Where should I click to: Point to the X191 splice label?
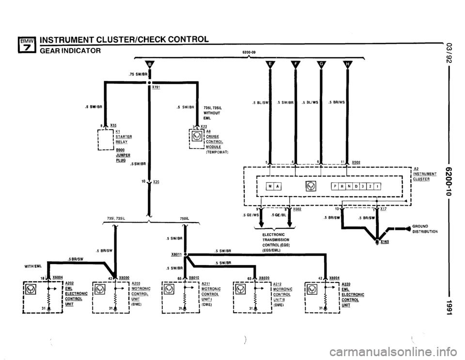pos(156,88)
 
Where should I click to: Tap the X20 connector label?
pos(156,182)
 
